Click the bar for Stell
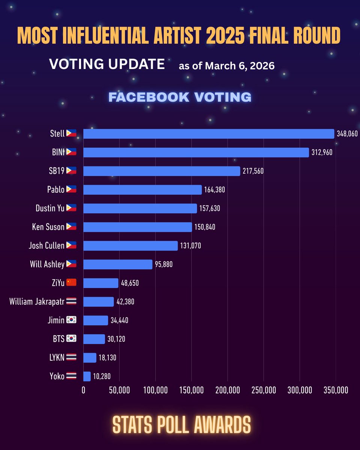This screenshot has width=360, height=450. (208, 134)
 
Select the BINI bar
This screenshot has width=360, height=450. (196, 152)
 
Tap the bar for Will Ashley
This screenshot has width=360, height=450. (118, 264)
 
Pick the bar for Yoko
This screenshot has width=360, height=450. (87, 376)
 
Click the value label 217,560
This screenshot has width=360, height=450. (253, 171)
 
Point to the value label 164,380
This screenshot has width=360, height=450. (214, 190)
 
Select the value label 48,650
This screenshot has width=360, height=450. (130, 283)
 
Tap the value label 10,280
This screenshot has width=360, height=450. (102, 376)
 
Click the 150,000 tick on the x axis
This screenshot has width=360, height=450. (191, 390)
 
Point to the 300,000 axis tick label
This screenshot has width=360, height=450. (300, 390)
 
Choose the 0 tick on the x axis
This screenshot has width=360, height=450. (83, 390)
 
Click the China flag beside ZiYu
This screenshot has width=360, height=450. (71, 283)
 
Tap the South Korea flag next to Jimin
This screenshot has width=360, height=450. (71, 320)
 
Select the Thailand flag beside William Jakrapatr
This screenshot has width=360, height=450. (71, 301)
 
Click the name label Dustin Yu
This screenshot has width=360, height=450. (50, 208)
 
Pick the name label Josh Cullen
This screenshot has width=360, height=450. (46, 246)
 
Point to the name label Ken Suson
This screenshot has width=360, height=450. (48, 227)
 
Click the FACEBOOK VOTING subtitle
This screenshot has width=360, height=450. (180, 97)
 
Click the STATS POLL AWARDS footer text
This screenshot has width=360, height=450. (181, 424)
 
